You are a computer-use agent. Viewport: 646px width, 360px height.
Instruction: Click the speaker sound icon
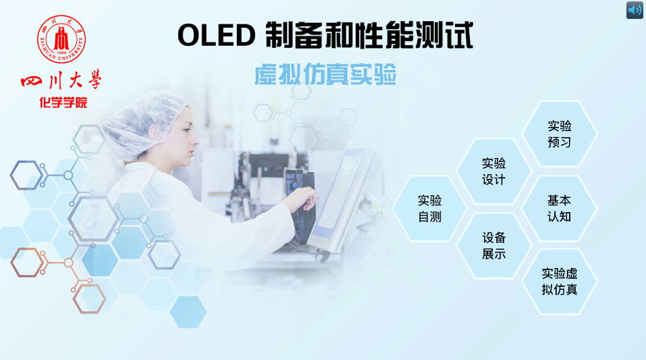tap(635, 10)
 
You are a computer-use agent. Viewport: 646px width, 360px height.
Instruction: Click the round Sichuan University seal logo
tap(61, 39)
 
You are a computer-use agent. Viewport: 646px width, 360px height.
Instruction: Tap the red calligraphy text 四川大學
tap(61, 80)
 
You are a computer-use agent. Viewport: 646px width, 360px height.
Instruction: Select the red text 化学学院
tap(63, 102)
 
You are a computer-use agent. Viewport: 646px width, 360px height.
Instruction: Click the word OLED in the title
tap(217, 35)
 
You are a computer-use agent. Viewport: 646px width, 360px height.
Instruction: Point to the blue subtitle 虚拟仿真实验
tap(325, 74)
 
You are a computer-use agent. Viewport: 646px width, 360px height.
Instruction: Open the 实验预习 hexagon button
tap(559, 134)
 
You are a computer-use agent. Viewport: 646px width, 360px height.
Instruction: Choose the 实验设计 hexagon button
tap(493, 171)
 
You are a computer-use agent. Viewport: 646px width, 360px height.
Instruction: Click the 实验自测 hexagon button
tap(430, 208)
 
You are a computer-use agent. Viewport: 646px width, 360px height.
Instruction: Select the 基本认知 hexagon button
tap(559, 208)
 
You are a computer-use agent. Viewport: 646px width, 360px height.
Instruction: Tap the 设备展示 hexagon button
tap(493, 245)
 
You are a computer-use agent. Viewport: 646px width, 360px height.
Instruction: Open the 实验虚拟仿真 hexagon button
tap(559, 281)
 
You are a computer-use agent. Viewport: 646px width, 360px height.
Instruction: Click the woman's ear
tap(156, 134)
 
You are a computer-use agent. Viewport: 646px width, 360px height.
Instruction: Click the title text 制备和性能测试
tap(369, 35)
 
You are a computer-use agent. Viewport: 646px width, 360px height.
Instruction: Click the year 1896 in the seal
tap(61, 53)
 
